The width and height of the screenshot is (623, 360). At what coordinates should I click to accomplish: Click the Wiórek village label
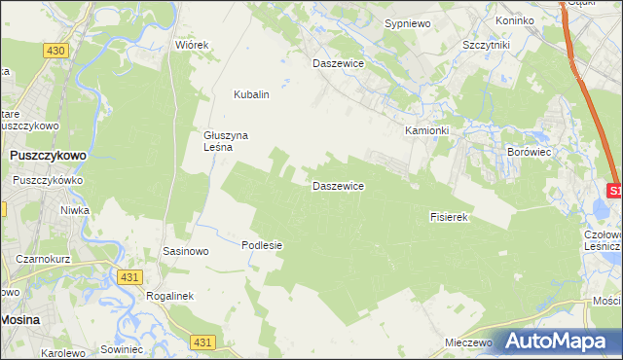pyautogui.click(x=192, y=45)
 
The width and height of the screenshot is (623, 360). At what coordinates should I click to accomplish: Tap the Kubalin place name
pyautogui.click(x=250, y=95)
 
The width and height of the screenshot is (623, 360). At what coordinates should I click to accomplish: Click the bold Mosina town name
pyautogui.click(x=20, y=317)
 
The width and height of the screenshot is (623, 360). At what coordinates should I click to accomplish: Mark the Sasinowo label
pyautogui.click(x=186, y=251)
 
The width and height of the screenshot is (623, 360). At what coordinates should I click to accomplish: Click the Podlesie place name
pyautogui.click(x=262, y=245)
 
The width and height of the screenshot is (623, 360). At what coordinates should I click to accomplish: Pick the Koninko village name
pyautogui.click(x=515, y=20)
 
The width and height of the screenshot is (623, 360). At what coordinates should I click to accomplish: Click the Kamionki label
pyautogui.click(x=427, y=130)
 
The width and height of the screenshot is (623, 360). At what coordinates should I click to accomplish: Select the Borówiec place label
pyautogui.click(x=531, y=153)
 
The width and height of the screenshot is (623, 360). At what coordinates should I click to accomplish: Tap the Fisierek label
pyautogui.click(x=450, y=217)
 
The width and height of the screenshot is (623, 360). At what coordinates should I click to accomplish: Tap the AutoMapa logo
pyautogui.click(x=561, y=341)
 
